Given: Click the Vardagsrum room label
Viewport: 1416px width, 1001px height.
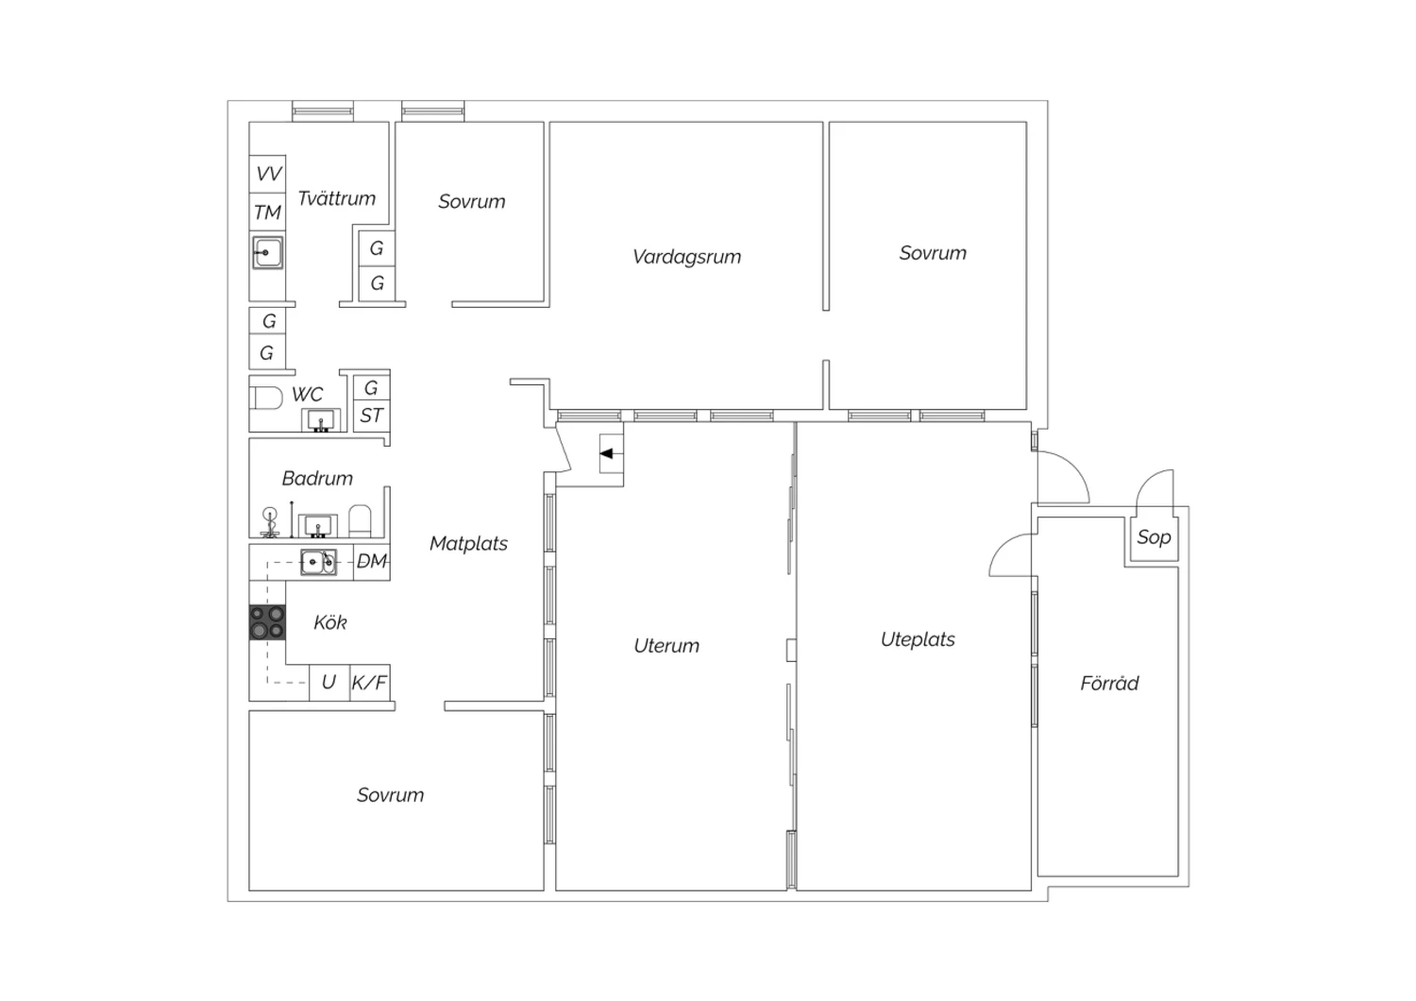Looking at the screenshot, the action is click(686, 257).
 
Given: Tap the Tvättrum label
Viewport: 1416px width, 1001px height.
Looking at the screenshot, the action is click(336, 198).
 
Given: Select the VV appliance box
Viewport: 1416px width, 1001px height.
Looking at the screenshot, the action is click(267, 174).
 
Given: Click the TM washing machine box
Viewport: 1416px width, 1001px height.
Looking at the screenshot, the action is click(267, 212).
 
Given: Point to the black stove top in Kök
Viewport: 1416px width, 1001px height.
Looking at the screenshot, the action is click(267, 622).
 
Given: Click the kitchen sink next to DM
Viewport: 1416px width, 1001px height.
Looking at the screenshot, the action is click(318, 562).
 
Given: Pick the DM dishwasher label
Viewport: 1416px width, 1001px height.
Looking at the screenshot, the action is click(372, 561).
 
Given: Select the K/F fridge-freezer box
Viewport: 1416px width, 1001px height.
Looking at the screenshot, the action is click(370, 683).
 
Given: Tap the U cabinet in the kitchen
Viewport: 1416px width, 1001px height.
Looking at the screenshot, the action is click(329, 683).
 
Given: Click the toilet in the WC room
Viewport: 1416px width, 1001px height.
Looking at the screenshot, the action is click(266, 399).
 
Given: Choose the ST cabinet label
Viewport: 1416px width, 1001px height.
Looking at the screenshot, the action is click(371, 416).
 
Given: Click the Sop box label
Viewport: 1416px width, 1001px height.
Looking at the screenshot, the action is click(1154, 537).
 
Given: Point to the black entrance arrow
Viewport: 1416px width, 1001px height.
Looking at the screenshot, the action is click(606, 453).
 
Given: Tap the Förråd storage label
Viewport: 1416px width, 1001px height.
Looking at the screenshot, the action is click(1109, 683).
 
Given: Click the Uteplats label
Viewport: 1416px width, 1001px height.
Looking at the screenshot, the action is click(918, 639).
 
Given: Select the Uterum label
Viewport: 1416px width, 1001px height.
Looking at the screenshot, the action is click(666, 646).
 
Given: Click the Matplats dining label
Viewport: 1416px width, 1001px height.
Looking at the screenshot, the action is click(468, 544).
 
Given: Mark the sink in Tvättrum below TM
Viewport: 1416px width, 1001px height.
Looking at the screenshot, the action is click(267, 253).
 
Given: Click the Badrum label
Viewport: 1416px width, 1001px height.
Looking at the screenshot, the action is click(317, 479).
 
